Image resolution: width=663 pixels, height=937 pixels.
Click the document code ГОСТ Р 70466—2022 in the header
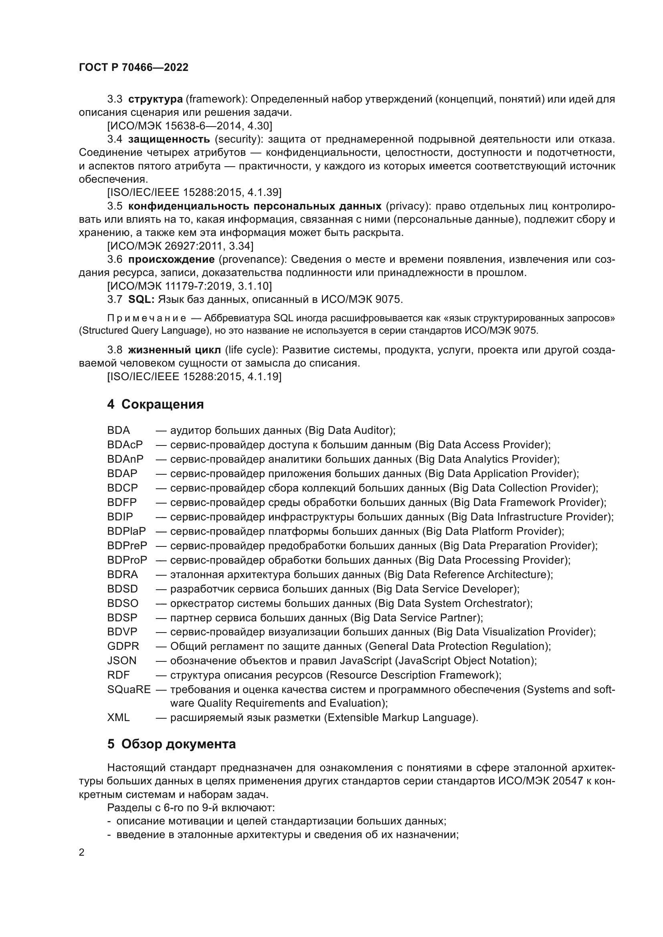point(133,67)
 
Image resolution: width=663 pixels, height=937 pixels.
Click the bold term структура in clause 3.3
point(155,99)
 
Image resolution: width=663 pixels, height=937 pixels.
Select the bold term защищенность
point(169,139)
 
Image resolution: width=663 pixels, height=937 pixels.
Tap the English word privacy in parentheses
point(403,206)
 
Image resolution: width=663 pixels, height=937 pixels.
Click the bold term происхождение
point(171,259)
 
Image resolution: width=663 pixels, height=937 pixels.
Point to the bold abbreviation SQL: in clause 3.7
point(141,299)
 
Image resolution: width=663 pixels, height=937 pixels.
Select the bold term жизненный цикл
point(174,350)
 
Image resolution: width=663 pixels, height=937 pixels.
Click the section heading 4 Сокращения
point(155,404)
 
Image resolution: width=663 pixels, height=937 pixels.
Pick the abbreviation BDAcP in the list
point(125,444)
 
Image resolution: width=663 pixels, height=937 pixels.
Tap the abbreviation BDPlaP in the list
point(127,531)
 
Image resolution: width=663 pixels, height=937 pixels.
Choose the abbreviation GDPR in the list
point(123,646)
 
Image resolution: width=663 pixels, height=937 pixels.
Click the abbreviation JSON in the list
point(122,660)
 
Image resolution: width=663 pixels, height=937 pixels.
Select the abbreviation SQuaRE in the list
point(129,689)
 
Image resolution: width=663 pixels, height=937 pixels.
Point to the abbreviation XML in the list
point(118,717)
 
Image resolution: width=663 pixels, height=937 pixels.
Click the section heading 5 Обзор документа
point(172,744)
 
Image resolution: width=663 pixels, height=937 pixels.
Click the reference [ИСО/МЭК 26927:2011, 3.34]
point(180,246)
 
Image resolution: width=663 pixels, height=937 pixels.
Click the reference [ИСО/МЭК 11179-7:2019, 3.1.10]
point(190,286)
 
